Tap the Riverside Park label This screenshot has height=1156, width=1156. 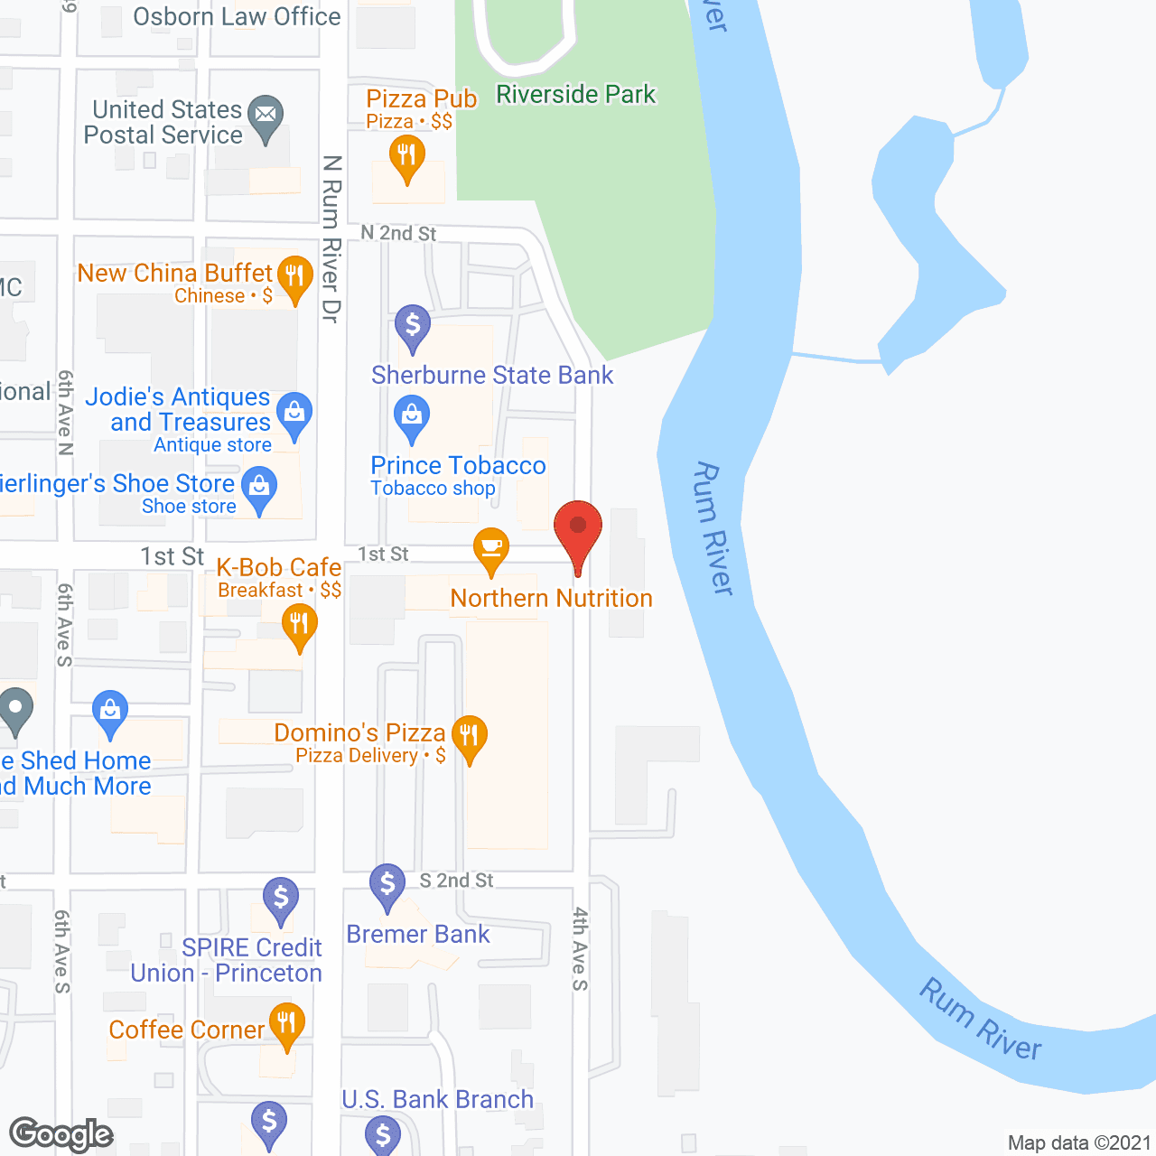point(575,95)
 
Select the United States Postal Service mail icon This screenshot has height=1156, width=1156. point(266,116)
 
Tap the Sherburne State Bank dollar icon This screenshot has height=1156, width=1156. point(413,325)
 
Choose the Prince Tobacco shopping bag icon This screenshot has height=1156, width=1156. point(412,417)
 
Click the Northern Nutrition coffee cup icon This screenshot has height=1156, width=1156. point(491,547)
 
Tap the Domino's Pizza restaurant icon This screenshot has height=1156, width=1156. point(469,736)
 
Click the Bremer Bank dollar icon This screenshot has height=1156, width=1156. point(387,884)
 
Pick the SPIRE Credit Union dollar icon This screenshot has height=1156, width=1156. point(281,899)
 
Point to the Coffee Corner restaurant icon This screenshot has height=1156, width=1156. point(286,1024)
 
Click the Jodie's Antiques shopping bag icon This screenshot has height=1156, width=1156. point(294,414)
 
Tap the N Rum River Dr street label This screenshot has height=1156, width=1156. point(331,239)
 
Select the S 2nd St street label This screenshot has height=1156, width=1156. point(456,881)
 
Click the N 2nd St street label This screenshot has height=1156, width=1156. point(398,233)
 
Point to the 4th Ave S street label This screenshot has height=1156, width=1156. point(580,948)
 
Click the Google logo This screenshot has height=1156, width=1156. point(61,1133)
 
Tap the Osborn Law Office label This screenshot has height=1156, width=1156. point(237,16)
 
